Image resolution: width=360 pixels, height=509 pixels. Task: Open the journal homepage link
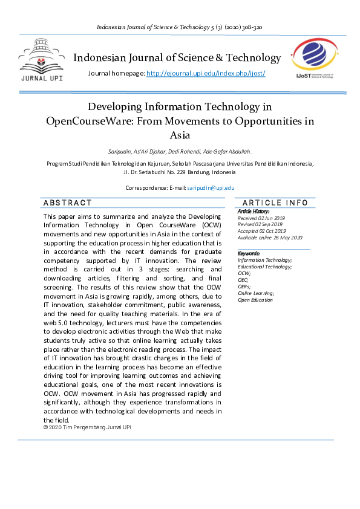[x=206, y=73]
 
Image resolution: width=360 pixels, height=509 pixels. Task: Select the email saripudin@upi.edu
[x=211, y=188]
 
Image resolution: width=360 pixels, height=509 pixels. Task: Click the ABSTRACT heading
[x=68, y=203]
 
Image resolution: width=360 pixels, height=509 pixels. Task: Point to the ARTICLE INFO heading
[x=275, y=203]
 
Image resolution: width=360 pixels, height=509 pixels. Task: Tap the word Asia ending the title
[x=180, y=135]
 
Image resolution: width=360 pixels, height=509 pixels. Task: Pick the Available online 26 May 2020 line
[x=270, y=238]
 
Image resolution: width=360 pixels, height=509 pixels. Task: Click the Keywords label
[x=249, y=253]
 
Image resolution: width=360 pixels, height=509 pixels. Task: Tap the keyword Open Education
[x=255, y=300]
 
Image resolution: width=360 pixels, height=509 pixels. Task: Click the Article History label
[x=254, y=211]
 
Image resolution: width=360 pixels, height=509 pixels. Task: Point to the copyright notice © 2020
[x=87, y=427]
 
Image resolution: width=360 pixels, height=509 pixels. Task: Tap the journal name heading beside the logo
[x=177, y=58]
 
